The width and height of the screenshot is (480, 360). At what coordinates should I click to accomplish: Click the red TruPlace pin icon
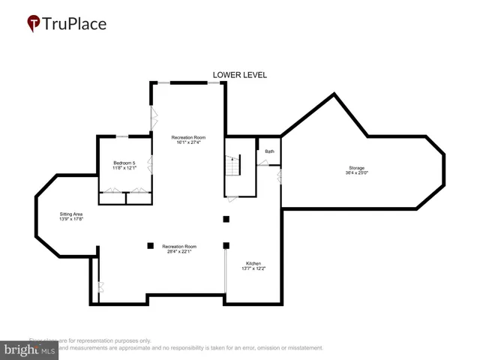point(34,23)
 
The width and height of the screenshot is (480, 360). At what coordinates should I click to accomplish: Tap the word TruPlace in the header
point(75,23)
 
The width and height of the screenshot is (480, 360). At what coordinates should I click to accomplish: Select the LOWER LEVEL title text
point(240,75)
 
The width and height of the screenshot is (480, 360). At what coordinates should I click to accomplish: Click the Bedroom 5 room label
point(124,163)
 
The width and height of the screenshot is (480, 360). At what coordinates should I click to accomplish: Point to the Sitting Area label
point(71,214)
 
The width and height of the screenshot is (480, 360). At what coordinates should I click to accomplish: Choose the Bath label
point(269,151)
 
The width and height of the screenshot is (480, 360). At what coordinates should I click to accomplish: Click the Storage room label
point(357,167)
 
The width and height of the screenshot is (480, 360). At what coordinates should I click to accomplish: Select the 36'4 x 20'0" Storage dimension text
point(357,172)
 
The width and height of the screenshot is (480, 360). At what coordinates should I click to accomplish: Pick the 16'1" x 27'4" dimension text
point(187,142)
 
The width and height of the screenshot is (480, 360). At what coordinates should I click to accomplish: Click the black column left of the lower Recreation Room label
point(150,244)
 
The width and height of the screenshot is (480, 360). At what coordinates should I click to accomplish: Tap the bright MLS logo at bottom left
point(30,349)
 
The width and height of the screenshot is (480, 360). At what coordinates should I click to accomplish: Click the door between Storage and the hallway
point(279,178)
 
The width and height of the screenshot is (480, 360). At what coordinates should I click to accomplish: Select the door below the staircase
point(233,198)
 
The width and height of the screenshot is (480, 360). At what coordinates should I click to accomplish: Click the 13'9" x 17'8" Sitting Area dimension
point(71,219)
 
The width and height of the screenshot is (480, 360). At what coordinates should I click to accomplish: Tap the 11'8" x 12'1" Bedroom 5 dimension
point(124,168)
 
